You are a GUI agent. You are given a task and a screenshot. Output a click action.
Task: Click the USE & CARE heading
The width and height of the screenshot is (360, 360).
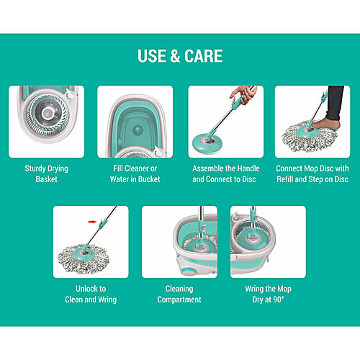pos(180,56)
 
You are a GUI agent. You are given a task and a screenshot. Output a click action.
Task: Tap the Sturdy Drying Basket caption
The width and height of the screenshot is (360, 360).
pos(46,174)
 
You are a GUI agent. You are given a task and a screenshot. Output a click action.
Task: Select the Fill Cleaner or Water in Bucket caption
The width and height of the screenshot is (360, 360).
pos(135,174)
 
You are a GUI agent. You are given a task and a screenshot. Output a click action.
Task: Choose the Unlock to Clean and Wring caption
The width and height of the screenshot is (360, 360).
pos(90,294)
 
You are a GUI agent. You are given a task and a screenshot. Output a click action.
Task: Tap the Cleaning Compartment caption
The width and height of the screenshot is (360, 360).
pos(179,294)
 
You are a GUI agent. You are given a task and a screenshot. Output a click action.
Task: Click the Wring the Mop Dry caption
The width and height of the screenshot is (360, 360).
pos(268,294)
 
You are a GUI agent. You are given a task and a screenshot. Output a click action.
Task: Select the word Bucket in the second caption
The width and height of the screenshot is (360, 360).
pos(153,179)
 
